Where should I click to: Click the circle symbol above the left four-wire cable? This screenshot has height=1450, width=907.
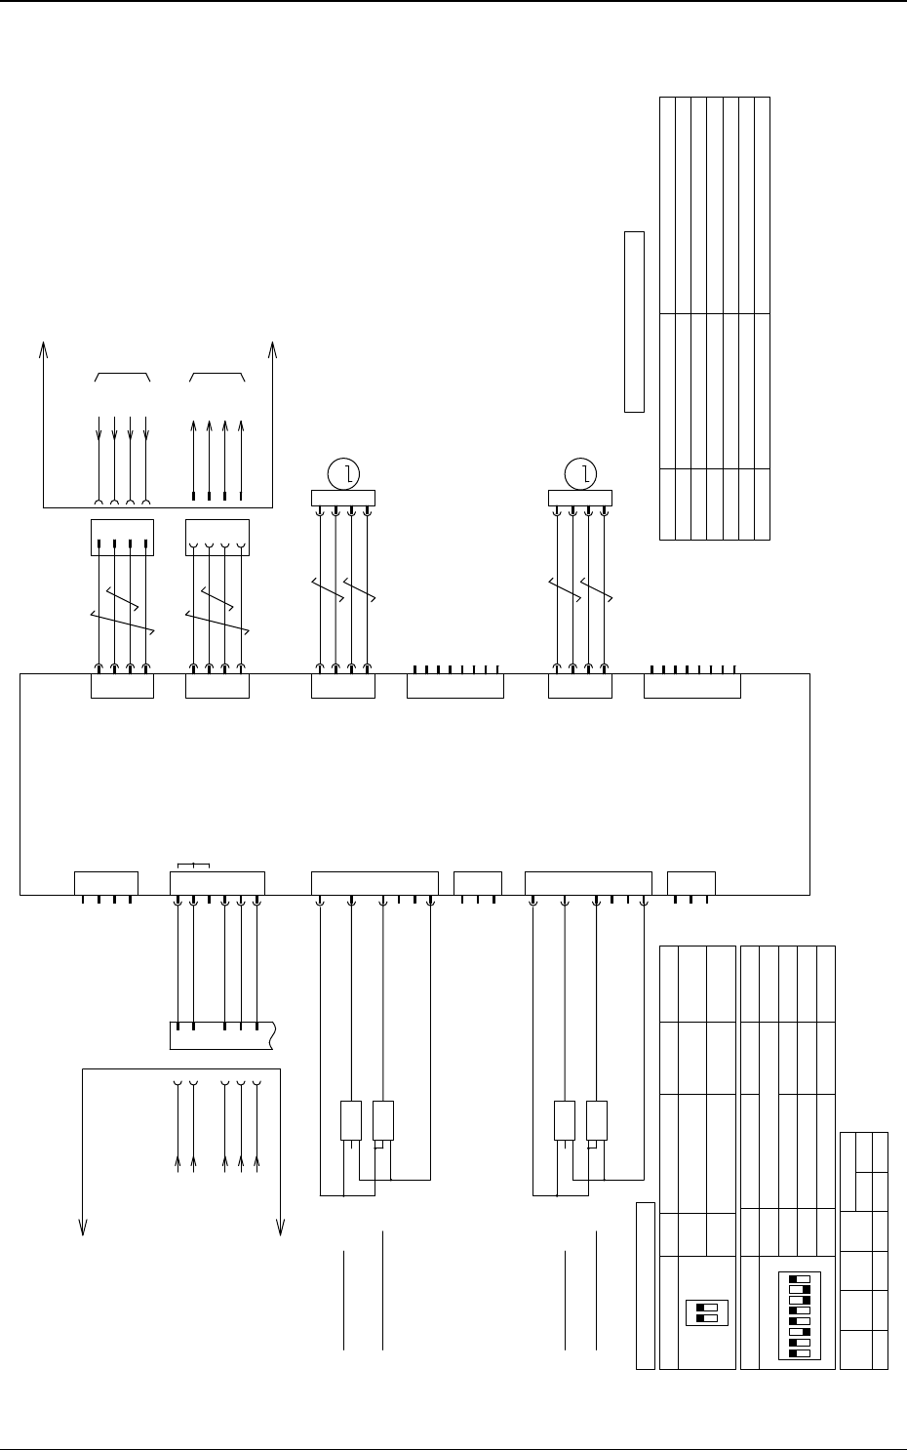(x=343, y=474)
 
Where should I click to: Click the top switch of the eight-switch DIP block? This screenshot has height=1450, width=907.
(x=800, y=1277)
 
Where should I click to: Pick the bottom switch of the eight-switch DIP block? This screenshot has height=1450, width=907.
(x=800, y=1353)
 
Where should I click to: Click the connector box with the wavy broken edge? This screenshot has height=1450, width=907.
(x=222, y=1035)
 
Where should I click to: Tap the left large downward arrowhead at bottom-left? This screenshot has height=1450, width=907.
(x=83, y=1228)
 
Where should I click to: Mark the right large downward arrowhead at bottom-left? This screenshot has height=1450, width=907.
(x=281, y=1228)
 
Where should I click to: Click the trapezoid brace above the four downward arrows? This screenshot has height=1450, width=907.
(x=122, y=377)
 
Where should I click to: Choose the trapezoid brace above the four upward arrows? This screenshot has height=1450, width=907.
(x=217, y=377)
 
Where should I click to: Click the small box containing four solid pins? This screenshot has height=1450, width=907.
(x=122, y=538)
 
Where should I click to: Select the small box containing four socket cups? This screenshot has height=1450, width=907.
(x=217, y=538)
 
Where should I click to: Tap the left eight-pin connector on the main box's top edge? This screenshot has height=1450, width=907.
(x=454, y=685)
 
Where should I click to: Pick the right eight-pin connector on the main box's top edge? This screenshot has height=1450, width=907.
(x=692, y=685)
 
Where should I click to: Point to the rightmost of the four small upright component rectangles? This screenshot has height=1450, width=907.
(x=597, y=1120)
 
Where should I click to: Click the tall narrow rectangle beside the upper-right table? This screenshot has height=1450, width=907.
(x=634, y=321)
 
